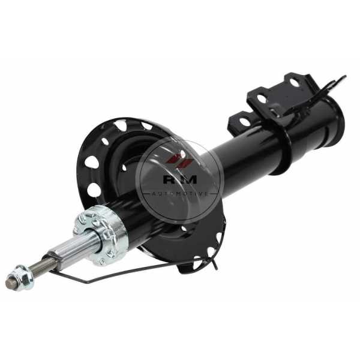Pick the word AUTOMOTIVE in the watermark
(178, 194)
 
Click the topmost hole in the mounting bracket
(295, 82)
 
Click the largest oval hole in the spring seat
(94, 190)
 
